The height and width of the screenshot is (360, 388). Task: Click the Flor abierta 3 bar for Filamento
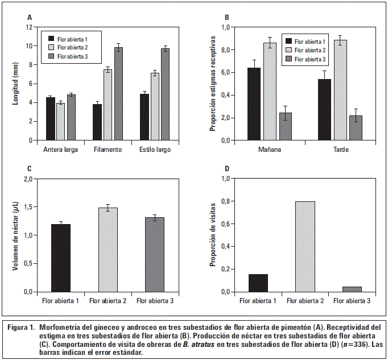coord(118,94)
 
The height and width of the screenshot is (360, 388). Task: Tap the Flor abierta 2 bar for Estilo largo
coord(155,106)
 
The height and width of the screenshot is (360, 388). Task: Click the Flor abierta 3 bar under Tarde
coord(356,128)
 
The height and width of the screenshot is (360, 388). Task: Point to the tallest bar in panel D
coord(305,246)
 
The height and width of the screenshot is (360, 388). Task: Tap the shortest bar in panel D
coord(352,289)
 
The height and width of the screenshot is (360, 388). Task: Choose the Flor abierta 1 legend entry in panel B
coord(306,41)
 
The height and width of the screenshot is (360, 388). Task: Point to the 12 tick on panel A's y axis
coord(28,27)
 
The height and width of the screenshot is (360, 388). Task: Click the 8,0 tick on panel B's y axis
coord(226,50)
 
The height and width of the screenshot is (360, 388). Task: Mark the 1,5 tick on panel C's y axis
coord(27,207)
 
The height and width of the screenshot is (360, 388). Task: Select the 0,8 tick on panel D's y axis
coord(226,201)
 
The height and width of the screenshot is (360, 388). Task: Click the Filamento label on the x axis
coord(108,150)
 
